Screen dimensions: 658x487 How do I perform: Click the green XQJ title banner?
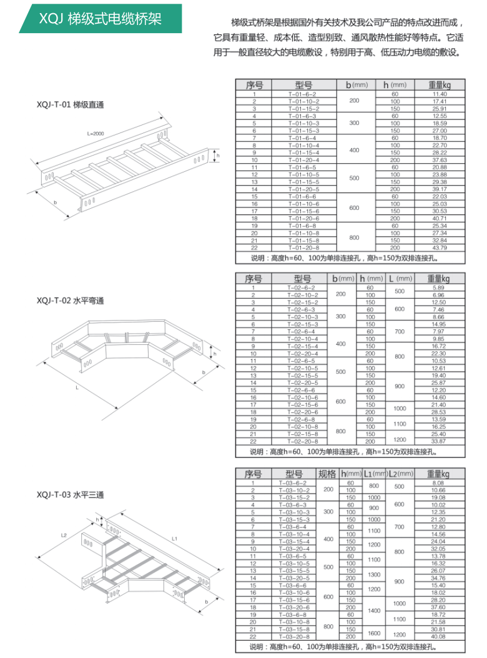click(x=100, y=19)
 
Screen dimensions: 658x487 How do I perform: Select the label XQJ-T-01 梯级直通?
click(x=71, y=104)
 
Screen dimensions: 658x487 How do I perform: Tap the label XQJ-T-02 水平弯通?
click(x=71, y=301)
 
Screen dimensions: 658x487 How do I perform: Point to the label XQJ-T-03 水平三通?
click(x=71, y=495)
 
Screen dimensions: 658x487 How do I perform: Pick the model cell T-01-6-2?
click(x=302, y=94)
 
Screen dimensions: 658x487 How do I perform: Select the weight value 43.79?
click(x=440, y=247)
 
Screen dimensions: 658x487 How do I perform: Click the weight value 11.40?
click(x=440, y=94)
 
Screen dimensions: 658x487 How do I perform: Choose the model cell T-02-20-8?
click(x=302, y=441)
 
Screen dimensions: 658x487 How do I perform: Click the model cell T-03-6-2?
click(x=293, y=483)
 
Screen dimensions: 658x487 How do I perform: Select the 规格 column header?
click(x=327, y=474)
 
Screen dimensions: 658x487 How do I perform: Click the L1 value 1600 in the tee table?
click(x=373, y=633)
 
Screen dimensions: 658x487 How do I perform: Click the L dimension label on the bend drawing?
click(x=76, y=387)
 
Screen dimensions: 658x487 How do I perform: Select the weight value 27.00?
click(x=440, y=131)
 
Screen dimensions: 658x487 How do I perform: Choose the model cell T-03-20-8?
click(x=293, y=637)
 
